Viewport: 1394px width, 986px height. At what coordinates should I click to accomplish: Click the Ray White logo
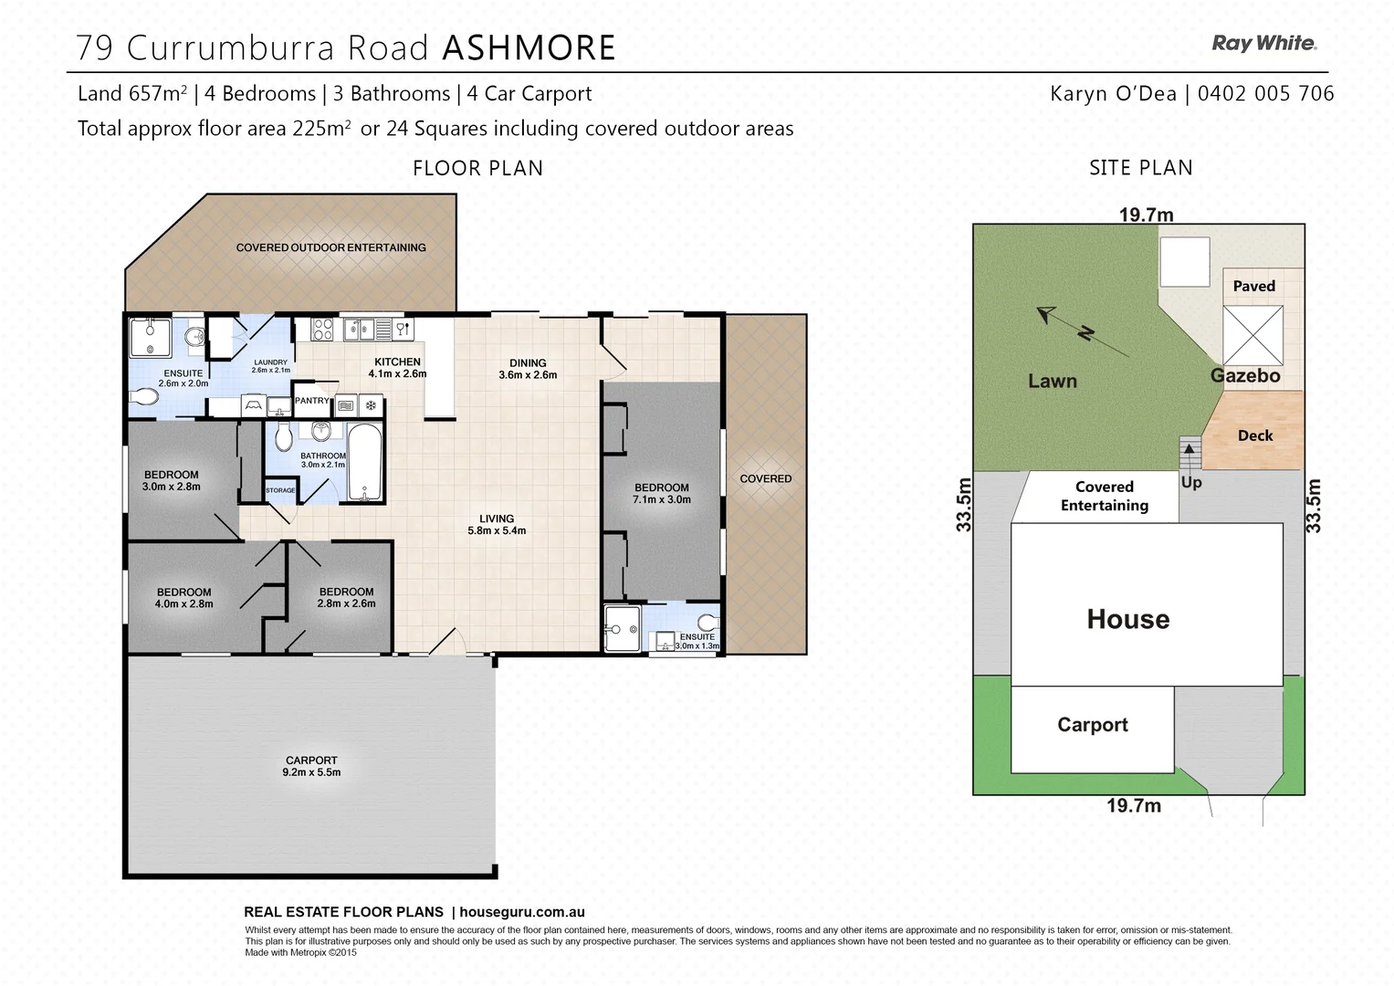1263,43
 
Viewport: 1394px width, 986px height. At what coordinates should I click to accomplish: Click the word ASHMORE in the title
529,48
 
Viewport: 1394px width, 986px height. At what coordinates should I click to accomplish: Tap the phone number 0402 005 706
1265,93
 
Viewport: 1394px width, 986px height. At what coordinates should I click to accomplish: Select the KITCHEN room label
397,362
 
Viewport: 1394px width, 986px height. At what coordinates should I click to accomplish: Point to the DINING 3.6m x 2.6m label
528,369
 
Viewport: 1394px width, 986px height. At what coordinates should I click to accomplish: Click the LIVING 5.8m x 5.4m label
497,524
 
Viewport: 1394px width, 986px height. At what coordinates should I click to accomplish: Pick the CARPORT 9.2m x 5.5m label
312,766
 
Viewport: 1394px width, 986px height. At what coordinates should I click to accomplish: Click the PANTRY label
311,401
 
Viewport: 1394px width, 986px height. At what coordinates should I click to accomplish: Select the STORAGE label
280,491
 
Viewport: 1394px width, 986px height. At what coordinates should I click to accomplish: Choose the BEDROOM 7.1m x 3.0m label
662,493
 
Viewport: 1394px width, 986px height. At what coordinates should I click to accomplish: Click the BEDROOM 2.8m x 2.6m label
346,597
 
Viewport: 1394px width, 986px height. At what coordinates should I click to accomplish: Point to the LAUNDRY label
270,366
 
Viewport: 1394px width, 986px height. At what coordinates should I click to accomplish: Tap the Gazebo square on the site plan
1253,335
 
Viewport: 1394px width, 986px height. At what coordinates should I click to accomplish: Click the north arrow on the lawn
1083,332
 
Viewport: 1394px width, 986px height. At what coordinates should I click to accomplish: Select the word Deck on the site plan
1255,435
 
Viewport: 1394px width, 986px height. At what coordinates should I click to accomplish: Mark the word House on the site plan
1127,620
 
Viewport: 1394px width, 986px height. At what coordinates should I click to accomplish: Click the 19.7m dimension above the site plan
1147,215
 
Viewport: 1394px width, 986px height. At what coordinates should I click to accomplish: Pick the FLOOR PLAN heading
477,168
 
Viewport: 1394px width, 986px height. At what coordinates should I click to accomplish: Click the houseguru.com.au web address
522,912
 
